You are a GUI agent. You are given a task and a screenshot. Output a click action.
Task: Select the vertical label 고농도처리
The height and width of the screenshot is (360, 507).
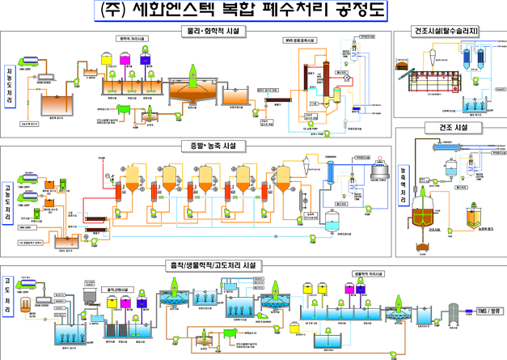click(x=9, y=203)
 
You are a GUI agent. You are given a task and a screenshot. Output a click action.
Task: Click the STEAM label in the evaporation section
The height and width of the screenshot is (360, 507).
click(x=102, y=159)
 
